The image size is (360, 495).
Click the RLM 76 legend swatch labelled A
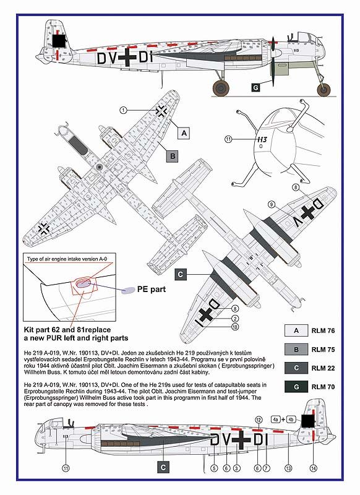tap(296, 330)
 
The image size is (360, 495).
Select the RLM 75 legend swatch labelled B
tap(296, 350)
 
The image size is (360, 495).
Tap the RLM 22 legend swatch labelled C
tap(296, 368)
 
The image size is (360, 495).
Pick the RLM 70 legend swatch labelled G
tap(296, 387)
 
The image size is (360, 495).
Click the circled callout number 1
tap(123, 110)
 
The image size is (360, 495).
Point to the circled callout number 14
tap(314, 468)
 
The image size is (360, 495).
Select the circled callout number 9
tap(272, 205)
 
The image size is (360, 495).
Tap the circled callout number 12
tap(259, 420)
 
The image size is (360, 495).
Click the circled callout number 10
tap(234, 327)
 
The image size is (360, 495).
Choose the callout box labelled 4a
tap(276, 420)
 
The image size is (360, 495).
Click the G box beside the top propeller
tap(255, 87)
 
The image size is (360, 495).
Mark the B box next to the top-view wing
tap(173, 156)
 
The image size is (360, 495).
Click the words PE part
tap(151, 289)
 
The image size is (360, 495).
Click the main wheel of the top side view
tap(221, 88)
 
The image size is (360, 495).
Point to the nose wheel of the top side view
tap(324, 90)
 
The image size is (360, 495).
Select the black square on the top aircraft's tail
tap(59, 41)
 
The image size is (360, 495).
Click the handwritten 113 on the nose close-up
tap(262, 140)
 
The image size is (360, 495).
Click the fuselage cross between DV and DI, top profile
tap(127, 58)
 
